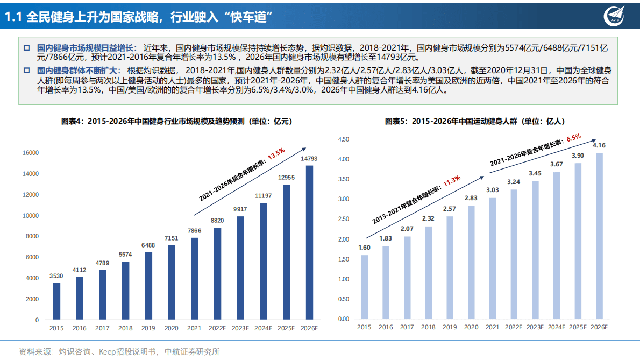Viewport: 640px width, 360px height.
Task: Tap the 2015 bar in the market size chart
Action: pyautogui.click(x=56, y=301)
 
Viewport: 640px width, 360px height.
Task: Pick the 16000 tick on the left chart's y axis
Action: pyautogui.click(x=30, y=153)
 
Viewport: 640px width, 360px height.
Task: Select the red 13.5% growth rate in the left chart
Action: pyautogui.click(x=276, y=153)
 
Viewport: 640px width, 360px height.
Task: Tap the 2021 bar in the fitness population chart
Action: pyautogui.click(x=493, y=258)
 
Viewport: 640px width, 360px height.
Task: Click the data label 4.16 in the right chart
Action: pyautogui.click(x=599, y=145)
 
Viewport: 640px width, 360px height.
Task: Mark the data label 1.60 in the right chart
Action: pyautogui.click(x=364, y=248)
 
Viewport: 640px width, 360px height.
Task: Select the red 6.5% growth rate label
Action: pyautogui.click(x=573, y=138)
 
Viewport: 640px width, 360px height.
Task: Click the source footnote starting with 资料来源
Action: pyautogui.click(x=119, y=351)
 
